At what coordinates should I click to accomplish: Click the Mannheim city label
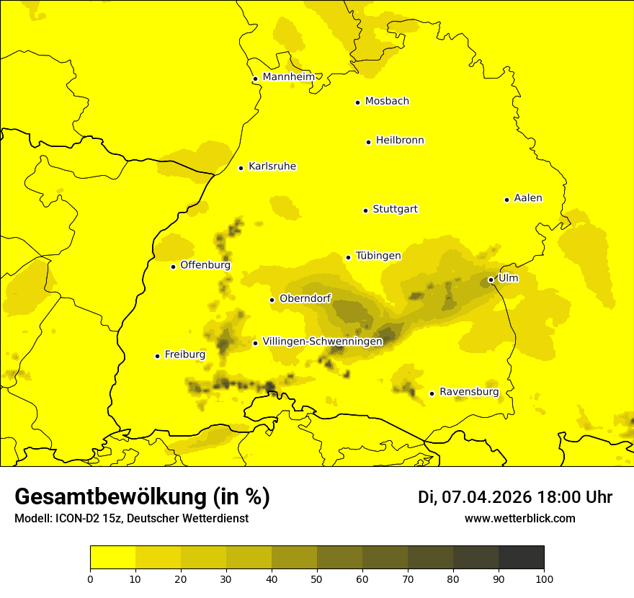point(289,77)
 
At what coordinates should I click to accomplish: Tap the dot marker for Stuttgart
point(365,210)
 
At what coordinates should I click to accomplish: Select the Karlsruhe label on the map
point(272,166)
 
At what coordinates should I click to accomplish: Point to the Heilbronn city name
point(400,140)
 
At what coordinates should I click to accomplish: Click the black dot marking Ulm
point(491,280)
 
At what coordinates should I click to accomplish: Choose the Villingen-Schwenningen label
point(322,342)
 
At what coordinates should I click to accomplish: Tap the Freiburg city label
point(185,354)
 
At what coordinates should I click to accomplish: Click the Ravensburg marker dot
point(432,393)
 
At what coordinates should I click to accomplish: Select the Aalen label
point(528,198)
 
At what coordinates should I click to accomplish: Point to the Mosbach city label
point(387,102)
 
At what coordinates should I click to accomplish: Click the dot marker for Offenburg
point(173,267)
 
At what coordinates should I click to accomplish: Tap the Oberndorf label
point(305,298)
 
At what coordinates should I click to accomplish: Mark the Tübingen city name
point(378,256)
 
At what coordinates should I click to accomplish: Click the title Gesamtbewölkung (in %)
point(142,497)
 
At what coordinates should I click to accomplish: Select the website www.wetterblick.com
point(519,519)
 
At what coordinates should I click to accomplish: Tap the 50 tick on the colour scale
point(317,578)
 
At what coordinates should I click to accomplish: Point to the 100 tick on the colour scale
point(544,578)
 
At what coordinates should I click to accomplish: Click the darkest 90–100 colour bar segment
point(521,558)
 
